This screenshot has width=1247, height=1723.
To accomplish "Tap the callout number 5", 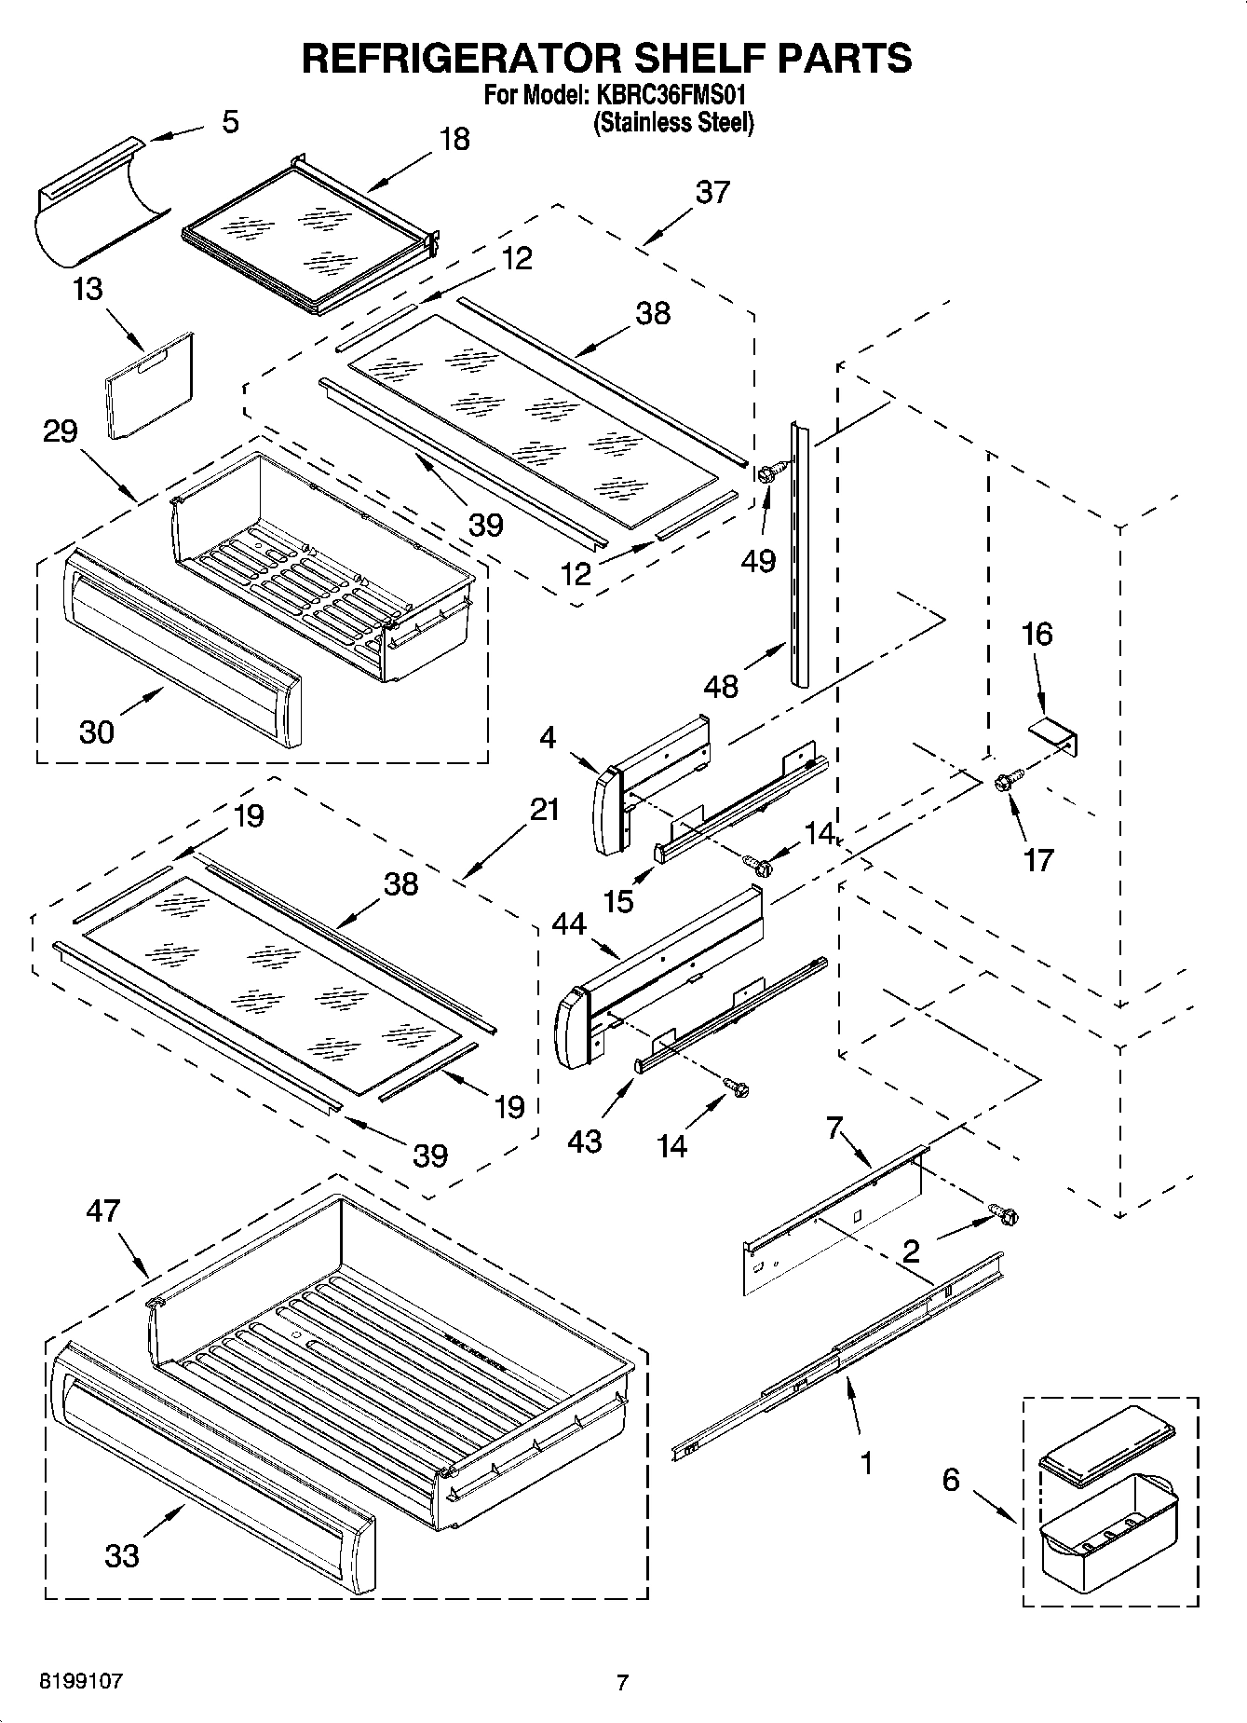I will point(230,121).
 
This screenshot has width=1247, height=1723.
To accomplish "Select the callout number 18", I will point(454,140).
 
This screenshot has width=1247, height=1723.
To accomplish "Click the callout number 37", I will point(712,193).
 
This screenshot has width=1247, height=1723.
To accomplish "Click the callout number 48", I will point(722,686).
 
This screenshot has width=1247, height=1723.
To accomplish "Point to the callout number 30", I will point(97,732).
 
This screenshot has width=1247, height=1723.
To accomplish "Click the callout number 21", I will point(545,810).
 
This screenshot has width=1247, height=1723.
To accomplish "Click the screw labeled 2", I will point(1004,1214).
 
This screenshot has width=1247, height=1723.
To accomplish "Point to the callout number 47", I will point(103,1210).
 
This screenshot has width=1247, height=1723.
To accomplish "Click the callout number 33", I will point(122,1555).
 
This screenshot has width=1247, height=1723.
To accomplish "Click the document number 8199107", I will point(81,1682).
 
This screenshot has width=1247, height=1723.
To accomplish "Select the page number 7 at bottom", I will point(622,1683).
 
